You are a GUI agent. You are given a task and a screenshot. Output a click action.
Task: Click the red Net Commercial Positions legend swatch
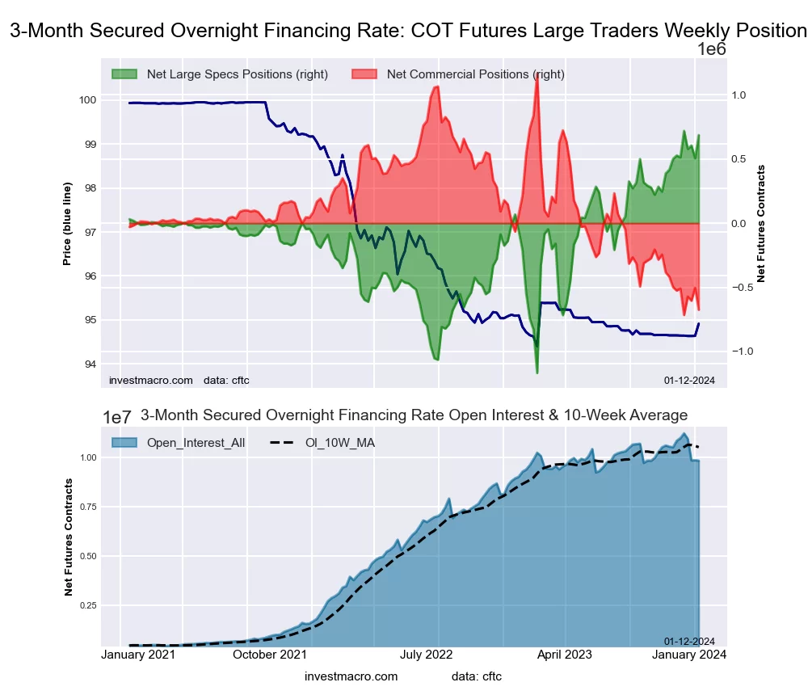[366, 74]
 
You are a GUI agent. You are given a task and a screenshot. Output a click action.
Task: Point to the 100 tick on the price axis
[86, 100]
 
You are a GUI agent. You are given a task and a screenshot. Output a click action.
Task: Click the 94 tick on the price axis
[90, 364]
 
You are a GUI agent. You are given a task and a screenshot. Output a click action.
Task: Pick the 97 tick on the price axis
[90, 232]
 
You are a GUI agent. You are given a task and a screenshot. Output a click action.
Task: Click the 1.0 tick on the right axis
[739, 95]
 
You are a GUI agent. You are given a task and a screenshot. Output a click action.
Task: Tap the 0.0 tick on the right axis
[739, 224]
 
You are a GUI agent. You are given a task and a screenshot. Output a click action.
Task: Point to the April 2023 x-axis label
[565, 655]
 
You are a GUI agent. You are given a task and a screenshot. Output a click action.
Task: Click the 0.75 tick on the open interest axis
[87, 507]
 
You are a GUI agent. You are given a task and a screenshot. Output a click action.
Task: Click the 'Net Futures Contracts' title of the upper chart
[760, 224]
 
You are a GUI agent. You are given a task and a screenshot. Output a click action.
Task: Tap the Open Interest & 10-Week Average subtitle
[414, 415]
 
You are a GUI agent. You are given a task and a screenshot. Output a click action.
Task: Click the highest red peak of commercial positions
[537, 75]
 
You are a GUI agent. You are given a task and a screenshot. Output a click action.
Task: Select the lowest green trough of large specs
[537, 373]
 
